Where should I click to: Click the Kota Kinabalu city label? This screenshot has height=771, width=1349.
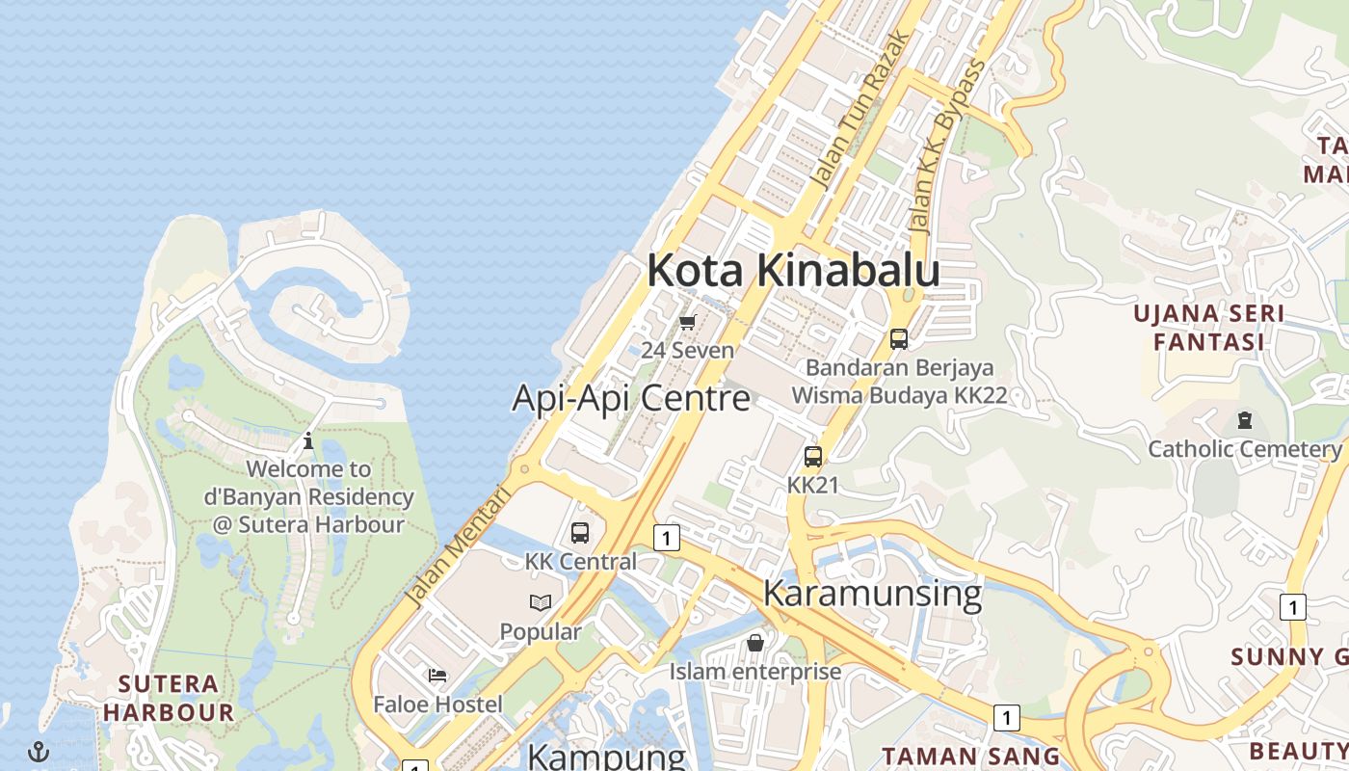(793, 270)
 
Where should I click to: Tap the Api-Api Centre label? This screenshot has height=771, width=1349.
(630, 397)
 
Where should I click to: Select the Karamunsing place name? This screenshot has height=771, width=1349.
(872, 593)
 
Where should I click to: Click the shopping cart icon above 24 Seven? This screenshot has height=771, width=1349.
(687, 323)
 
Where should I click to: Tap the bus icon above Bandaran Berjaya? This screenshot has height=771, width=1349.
(898, 339)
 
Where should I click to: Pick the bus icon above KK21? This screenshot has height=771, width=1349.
(813, 457)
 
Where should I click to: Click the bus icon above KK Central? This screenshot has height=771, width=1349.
(580, 533)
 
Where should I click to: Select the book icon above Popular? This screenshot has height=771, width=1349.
(541, 603)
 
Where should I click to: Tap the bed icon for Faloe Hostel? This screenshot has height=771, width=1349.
(437, 676)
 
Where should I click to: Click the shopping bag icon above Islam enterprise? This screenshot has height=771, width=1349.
(755, 642)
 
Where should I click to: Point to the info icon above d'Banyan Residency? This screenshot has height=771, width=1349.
(308, 441)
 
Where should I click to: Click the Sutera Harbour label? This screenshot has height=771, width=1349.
(169, 699)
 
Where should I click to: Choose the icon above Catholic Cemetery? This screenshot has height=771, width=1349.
(1245, 420)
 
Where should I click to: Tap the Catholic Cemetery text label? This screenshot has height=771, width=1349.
(1244, 449)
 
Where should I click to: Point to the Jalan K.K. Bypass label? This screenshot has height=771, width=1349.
(949, 146)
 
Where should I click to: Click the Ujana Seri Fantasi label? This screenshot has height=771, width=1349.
(1208, 328)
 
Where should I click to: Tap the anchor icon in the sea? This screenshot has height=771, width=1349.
(39, 751)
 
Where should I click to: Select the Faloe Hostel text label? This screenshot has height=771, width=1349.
(437, 705)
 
